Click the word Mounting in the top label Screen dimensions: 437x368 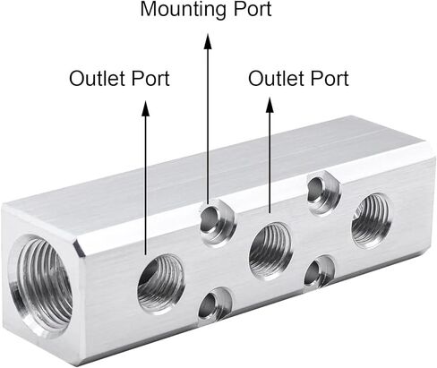tap(184, 10)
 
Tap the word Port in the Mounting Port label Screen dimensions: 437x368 tap(253, 9)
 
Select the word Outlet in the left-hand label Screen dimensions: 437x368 tap(97, 78)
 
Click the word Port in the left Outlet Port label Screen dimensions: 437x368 tap(150, 79)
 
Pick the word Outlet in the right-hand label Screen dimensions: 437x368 tap(276, 78)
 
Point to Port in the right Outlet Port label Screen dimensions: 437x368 tap(330, 79)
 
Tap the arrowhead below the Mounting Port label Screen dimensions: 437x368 tap(208, 41)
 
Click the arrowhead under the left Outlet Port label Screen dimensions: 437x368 tap(146, 107)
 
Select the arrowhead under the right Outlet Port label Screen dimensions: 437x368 tap(270, 105)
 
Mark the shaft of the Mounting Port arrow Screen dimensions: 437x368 tap(208, 126)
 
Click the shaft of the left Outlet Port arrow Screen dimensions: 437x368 tap(146, 185)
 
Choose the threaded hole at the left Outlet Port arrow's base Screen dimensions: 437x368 tap(160, 283)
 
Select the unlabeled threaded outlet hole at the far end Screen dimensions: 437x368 tap(371, 220)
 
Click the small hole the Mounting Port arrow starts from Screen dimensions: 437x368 tap(217, 222)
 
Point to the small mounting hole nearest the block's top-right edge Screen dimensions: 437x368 tap(323, 192)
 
